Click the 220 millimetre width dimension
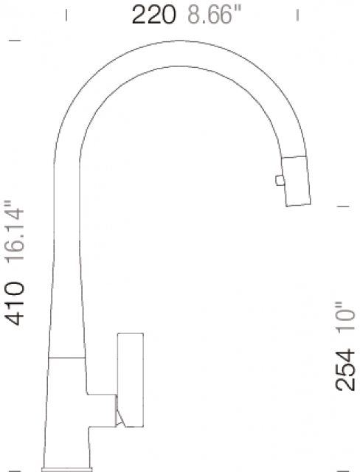154,15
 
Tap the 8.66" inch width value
215,15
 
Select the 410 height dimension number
14,304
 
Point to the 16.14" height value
14,232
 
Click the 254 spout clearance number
345,370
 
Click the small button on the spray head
280,180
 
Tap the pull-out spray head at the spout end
296,181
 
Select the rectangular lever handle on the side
131,380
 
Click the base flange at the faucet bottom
67,469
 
